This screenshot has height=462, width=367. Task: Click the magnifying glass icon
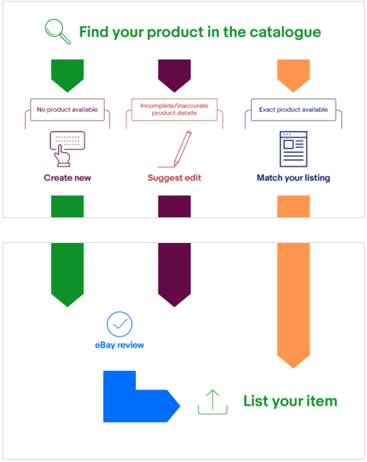(x=57, y=31)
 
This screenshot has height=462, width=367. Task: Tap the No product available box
(x=67, y=109)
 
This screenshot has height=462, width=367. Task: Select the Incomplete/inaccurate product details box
(x=174, y=109)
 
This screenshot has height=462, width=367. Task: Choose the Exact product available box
(x=294, y=109)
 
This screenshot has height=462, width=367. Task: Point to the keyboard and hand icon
(x=68, y=149)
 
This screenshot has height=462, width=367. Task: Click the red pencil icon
(x=175, y=149)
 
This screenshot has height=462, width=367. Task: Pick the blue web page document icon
(x=294, y=149)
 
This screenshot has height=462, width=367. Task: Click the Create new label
(x=68, y=178)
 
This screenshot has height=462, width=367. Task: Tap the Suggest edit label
(x=175, y=178)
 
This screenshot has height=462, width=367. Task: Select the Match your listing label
(x=294, y=178)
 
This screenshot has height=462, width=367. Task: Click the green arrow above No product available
(x=68, y=76)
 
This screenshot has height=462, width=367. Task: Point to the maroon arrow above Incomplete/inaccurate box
(x=175, y=76)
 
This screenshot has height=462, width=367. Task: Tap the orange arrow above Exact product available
(x=294, y=76)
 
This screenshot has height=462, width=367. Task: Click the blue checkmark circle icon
(x=119, y=324)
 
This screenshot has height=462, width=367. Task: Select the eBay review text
(x=119, y=345)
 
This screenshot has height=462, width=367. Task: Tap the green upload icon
(x=212, y=402)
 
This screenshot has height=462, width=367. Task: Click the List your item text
(x=290, y=402)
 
